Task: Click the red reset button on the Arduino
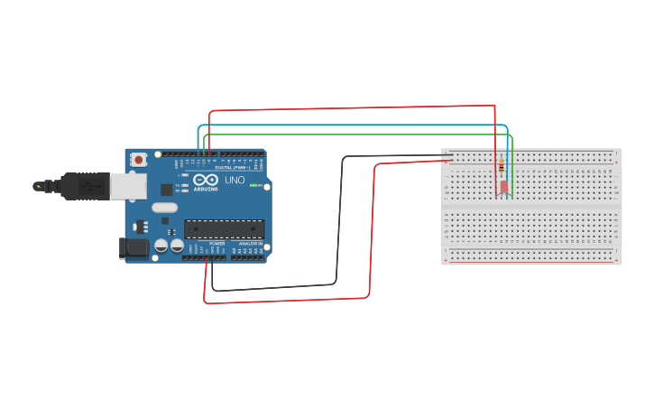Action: [x=138, y=160]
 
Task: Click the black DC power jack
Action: [x=134, y=248]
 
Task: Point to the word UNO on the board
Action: [x=235, y=181]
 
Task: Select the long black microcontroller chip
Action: [x=224, y=230]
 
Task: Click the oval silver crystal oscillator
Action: [x=164, y=208]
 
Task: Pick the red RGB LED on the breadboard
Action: [x=503, y=187]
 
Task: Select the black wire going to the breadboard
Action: [x=341, y=226]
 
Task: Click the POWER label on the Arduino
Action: [x=216, y=244]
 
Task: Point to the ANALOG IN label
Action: [x=250, y=244]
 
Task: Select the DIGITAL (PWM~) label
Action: [x=233, y=168]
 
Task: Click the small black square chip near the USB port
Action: [x=167, y=190]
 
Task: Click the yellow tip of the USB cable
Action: [x=37, y=186]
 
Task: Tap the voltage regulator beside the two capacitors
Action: [x=140, y=226]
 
